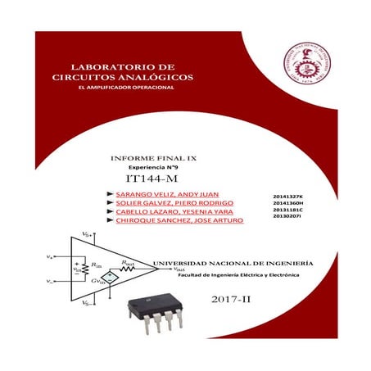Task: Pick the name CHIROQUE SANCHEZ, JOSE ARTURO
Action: pos(172,222)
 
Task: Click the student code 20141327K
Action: pos(287,197)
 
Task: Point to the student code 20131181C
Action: pos(287,210)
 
